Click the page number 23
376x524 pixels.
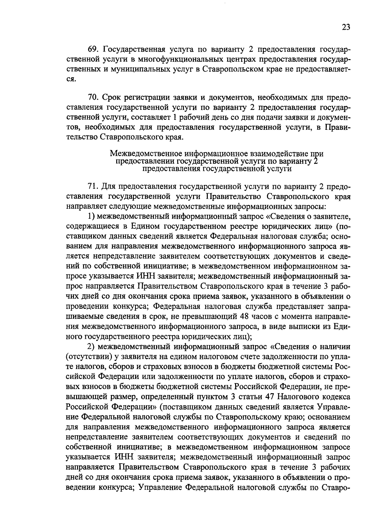346,27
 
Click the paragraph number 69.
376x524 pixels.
93,50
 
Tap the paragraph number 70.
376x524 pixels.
93,98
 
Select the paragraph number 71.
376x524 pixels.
92,187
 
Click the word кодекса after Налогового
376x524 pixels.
335,397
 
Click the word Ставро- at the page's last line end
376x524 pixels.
336,487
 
